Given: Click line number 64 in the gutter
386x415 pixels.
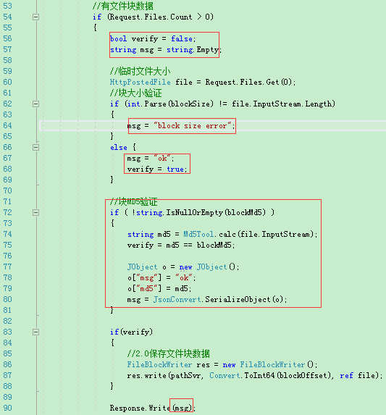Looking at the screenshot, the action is [7, 125].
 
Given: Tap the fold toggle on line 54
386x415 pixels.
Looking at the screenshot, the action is [35, 17].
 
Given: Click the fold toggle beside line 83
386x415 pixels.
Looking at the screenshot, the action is [35, 332].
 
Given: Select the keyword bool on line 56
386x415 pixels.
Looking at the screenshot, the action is [118, 38].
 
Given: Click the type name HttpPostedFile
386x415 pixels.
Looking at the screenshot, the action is [140, 82].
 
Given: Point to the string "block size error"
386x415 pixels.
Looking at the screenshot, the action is [193, 125].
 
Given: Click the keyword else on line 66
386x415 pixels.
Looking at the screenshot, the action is [119, 148].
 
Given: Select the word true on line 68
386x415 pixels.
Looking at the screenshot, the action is [175, 169].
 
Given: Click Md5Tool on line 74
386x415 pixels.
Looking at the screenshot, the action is [198, 234].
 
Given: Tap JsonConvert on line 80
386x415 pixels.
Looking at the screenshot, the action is [177, 299].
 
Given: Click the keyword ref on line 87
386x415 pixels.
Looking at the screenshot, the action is [346, 375].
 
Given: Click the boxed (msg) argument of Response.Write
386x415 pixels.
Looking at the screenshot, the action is [182, 408].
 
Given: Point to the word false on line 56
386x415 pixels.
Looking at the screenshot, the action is [182, 38].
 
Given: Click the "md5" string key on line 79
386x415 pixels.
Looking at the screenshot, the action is [146, 288].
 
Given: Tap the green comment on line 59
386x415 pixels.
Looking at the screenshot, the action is [140, 71].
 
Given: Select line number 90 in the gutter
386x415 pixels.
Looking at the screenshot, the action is [7, 408].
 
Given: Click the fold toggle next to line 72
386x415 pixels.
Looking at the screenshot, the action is [35, 212].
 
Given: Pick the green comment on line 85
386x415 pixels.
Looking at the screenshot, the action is [168, 353].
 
